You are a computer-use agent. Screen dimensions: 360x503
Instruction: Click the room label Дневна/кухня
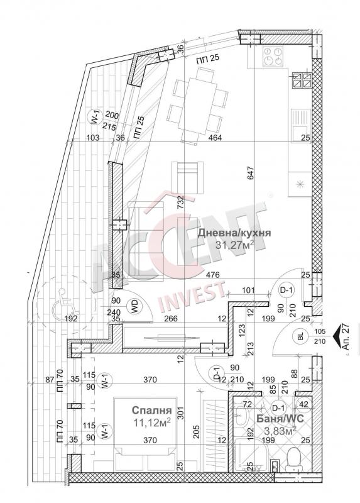pyautogui.click(x=234, y=233)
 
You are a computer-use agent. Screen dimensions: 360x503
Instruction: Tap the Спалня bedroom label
pyautogui.click(x=152, y=411)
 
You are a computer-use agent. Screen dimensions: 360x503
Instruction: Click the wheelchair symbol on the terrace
pyautogui.click(x=65, y=302)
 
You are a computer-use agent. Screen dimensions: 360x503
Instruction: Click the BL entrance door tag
pyautogui.click(x=301, y=337)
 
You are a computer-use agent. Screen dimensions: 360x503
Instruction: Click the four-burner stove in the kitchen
pyautogui.click(x=273, y=56)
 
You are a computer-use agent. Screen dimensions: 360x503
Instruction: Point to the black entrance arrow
pyautogui.click(x=338, y=338)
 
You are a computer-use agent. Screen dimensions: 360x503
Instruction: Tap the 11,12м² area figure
pyautogui.click(x=151, y=423)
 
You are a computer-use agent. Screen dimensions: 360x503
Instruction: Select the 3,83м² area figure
pyautogui.click(x=279, y=431)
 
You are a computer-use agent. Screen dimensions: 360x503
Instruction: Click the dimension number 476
pyautogui.click(x=213, y=275)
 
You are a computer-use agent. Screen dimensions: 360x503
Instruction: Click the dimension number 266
pyautogui.click(x=170, y=319)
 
